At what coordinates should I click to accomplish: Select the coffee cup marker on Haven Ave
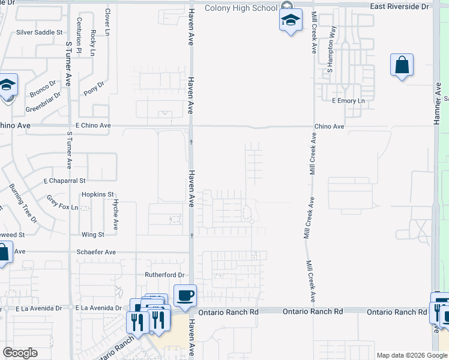[185, 295]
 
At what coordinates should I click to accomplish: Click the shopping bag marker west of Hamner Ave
[402, 65]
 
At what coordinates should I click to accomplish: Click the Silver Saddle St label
[40, 32]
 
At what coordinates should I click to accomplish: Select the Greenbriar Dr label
[43, 103]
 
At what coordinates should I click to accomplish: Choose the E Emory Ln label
[348, 101]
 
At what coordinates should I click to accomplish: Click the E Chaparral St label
[65, 180]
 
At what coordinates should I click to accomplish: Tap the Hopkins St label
[98, 194]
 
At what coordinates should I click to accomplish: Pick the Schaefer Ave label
[96, 253]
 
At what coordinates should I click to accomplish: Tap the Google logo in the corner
[20, 353]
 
